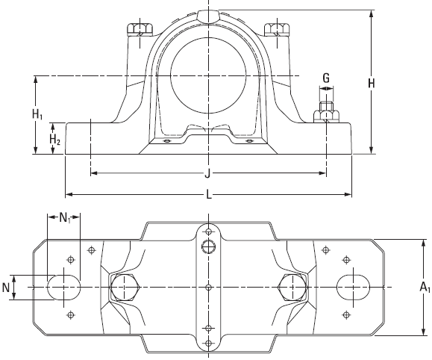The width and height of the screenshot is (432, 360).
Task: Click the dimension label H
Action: [x=372, y=83]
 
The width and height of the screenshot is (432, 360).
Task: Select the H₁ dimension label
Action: [x=37, y=114]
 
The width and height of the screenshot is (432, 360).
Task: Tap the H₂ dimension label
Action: [x=54, y=140]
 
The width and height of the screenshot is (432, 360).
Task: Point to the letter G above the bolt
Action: [x=326, y=78]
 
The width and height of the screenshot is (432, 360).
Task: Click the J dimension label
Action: [x=207, y=173]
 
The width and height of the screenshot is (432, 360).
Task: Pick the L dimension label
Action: [x=209, y=195]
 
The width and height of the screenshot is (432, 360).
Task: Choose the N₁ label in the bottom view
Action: [x=65, y=218]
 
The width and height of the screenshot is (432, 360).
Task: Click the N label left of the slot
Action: [x=5, y=288]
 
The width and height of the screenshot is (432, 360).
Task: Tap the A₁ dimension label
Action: [x=425, y=287]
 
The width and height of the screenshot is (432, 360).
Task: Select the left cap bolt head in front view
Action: [x=140, y=29]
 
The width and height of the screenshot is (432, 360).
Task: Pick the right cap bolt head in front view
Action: [x=277, y=29]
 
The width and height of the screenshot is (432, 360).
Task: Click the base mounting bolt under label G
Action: [x=326, y=113]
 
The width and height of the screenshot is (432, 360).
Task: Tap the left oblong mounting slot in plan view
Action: [x=64, y=287]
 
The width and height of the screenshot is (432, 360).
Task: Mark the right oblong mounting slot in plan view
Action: [x=353, y=287]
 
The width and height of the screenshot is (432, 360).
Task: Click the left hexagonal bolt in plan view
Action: [x=125, y=287]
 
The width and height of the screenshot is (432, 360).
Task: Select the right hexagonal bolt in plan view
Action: [x=292, y=287]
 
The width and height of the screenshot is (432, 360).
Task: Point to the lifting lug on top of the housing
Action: [x=208, y=16]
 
